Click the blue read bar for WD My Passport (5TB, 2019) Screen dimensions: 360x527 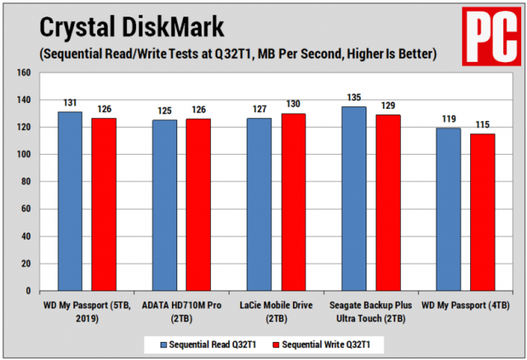point(70,202)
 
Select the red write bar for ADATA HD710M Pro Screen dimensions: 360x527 point(198,205)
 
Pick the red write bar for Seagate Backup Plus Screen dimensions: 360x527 point(387,203)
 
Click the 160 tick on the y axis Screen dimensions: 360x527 point(24,72)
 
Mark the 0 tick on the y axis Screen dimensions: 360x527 point(30,291)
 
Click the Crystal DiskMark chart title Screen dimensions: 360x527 point(132,27)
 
